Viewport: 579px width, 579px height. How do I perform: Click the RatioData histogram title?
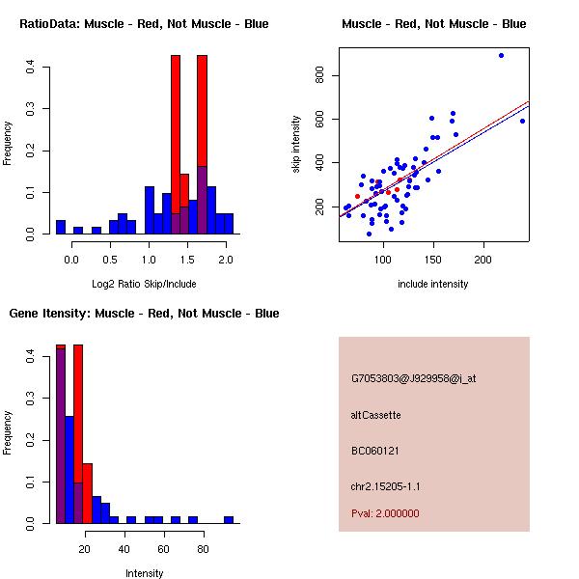pyautogui.click(x=144, y=23)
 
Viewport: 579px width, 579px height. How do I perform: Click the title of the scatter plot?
pyautogui.click(x=433, y=23)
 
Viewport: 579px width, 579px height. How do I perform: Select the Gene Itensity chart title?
pyautogui.click(x=144, y=314)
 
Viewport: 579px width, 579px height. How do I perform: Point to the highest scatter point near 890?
pyautogui.click(x=501, y=55)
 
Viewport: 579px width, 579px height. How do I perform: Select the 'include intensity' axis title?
pyautogui.click(x=433, y=284)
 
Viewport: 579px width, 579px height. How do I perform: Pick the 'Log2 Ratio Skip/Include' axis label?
pyautogui.click(x=144, y=284)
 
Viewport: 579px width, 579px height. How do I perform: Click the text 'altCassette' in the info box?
pyautogui.click(x=375, y=415)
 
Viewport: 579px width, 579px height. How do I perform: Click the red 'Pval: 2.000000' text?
pyautogui.click(x=385, y=513)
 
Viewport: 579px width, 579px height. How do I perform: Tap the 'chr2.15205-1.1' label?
pyautogui.click(x=386, y=486)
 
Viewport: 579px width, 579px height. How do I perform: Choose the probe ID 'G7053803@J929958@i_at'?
pyautogui.click(x=413, y=378)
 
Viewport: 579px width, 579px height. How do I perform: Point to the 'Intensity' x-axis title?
pyautogui.click(x=144, y=573)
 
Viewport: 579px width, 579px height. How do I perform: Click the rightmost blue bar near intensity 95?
pyautogui.click(x=229, y=519)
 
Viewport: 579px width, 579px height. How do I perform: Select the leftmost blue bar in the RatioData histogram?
pyautogui.click(x=61, y=228)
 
